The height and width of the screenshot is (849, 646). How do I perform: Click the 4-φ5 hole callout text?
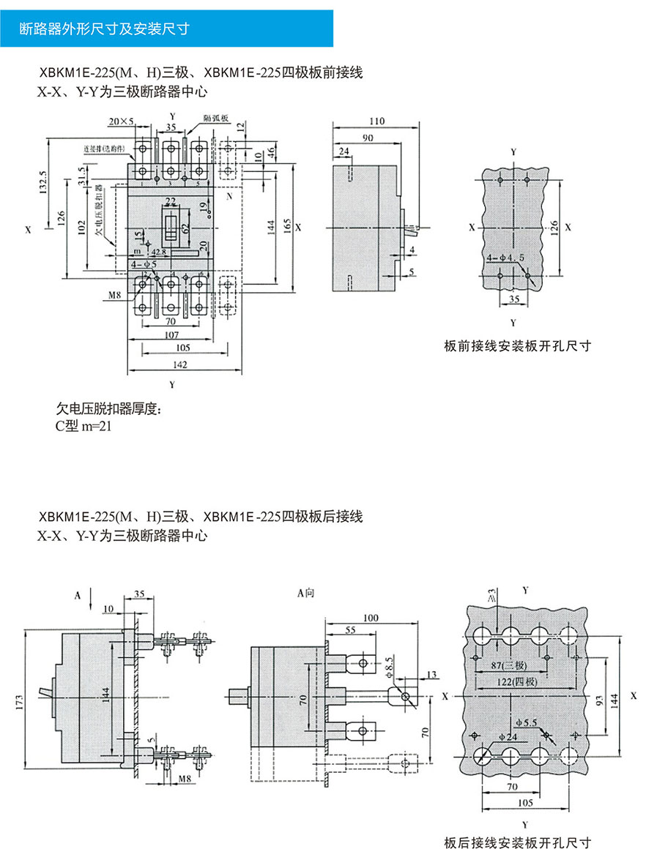tap(144, 263)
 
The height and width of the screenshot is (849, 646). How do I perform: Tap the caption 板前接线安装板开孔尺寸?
tap(517, 345)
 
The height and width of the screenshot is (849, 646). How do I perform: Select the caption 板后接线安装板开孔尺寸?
tap(517, 842)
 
